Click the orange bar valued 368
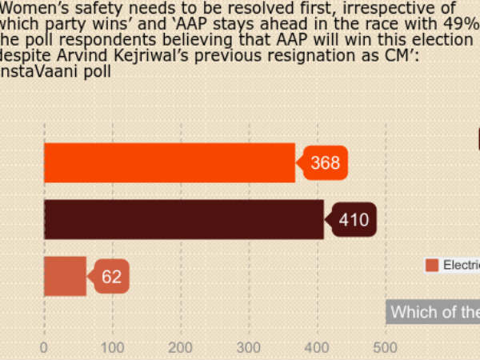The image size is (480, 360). pos(169,162)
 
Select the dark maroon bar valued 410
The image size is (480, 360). pos(183,219)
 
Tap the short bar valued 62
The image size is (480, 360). pos(65,277)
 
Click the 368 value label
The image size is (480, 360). pos(325,163)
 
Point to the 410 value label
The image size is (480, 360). pos(354,220)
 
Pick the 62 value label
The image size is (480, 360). pos(111,278)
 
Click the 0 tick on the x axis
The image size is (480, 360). pos(44,347)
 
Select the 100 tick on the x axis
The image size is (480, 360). pos(113,347)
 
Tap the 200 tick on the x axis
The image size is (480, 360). pos(181,347)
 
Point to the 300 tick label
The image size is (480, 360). pos(249,347)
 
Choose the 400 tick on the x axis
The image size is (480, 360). pos(318,347)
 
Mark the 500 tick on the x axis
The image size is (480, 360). pos(386,347)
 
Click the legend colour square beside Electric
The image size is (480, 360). pos(432,266)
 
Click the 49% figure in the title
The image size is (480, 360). pos(461,24)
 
